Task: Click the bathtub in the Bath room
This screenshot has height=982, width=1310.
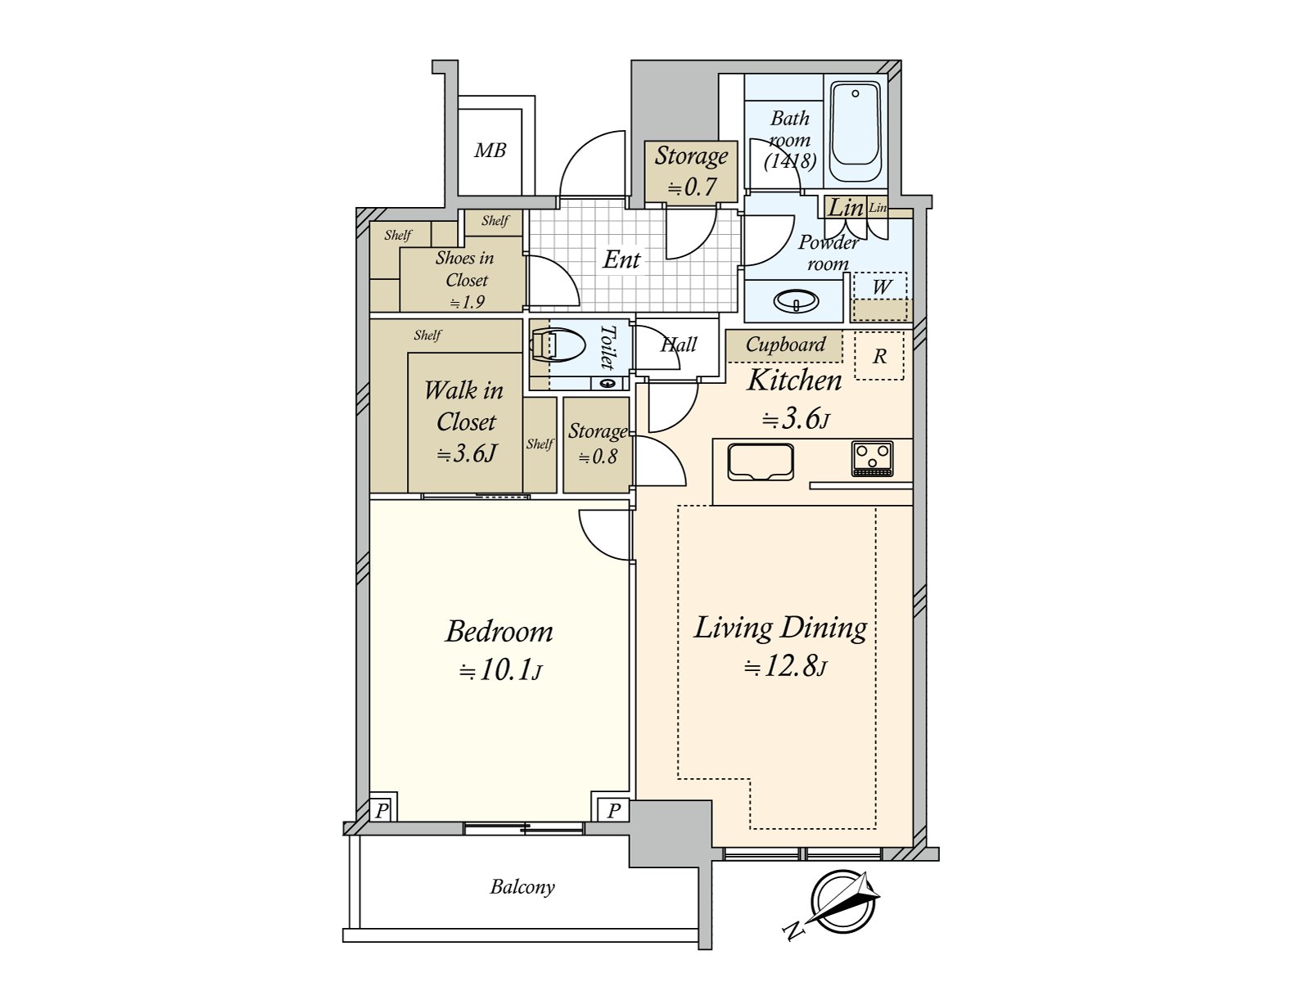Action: pyautogui.click(x=856, y=132)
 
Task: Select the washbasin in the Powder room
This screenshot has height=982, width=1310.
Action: pyautogui.click(x=796, y=300)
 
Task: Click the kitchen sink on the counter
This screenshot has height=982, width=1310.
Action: pyautogui.click(x=761, y=462)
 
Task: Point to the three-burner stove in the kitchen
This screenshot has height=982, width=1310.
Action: pyautogui.click(x=872, y=458)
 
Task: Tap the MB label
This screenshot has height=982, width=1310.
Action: pyautogui.click(x=490, y=151)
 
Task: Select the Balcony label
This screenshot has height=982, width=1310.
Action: pyautogui.click(x=522, y=887)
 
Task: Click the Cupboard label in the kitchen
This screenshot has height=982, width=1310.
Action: pyautogui.click(x=785, y=344)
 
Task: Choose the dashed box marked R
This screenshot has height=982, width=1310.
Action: pyautogui.click(x=879, y=356)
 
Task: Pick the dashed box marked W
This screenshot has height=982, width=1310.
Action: pyautogui.click(x=879, y=297)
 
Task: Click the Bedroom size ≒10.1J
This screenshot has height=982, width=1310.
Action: pyautogui.click(x=500, y=671)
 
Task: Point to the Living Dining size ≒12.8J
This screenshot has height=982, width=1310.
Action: pyautogui.click(x=785, y=667)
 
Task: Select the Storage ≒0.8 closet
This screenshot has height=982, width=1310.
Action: pyautogui.click(x=596, y=445)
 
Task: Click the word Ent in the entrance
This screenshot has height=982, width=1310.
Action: pyautogui.click(x=621, y=259)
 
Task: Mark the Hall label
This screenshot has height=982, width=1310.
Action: pyautogui.click(x=679, y=344)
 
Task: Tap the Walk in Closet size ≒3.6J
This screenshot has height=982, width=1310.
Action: pyautogui.click(x=466, y=454)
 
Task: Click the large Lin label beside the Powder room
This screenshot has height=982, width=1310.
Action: pyautogui.click(x=846, y=208)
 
